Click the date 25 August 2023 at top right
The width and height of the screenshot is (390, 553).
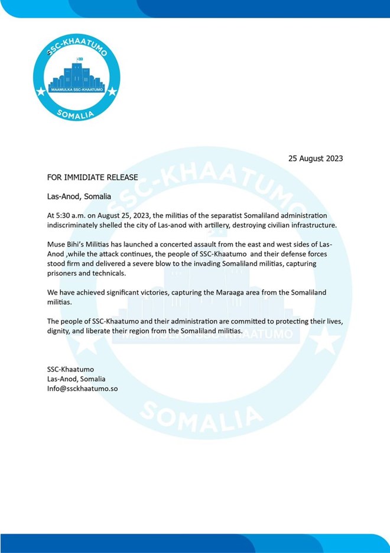click(315, 159)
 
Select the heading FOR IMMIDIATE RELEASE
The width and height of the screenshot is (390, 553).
click(93, 177)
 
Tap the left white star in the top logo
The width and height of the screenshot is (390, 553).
click(41, 91)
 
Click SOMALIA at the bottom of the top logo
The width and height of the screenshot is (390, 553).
click(76, 113)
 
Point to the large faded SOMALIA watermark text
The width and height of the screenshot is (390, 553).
click(201, 414)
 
